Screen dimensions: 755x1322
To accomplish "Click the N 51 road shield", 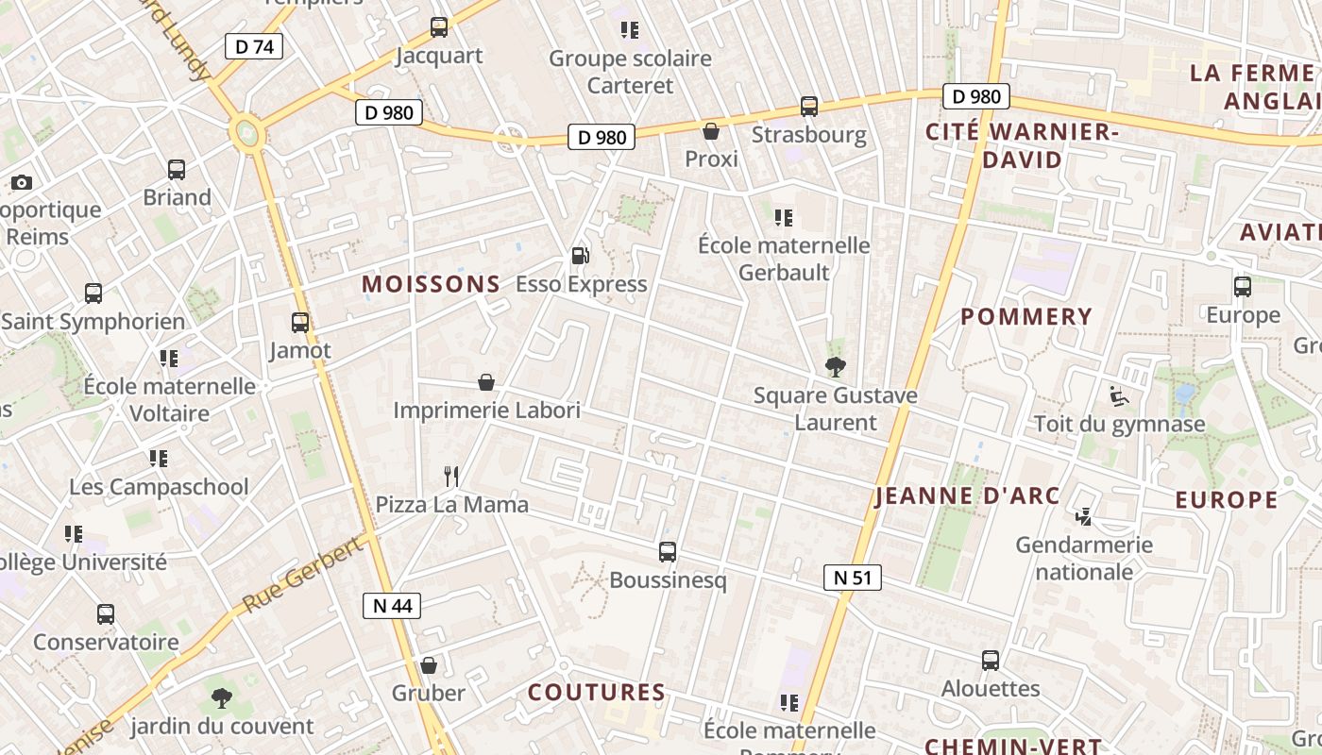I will [x=852, y=578].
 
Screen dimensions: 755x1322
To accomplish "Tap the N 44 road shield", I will [x=392, y=606].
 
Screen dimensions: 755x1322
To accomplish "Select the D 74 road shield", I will [x=253, y=46].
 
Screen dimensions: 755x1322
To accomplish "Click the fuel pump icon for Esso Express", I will [x=580, y=256].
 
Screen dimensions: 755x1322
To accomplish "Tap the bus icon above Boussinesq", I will [x=668, y=552].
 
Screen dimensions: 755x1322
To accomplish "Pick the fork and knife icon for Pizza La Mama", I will [x=451, y=477].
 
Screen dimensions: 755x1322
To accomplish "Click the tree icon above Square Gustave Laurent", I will [x=835, y=367].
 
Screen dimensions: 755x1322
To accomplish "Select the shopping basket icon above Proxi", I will [x=711, y=131].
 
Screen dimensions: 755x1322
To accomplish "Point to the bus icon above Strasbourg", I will [x=809, y=107].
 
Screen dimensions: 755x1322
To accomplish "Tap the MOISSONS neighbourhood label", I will [x=431, y=284].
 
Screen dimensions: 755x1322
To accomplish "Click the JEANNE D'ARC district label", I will [x=968, y=496].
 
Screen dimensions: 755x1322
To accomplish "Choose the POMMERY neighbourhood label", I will [x=1026, y=317].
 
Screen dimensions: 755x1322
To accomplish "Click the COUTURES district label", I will [x=597, y=693].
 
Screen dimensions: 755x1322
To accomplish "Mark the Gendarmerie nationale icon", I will [x=1084, y=517].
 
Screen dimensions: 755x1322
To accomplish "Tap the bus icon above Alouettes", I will [x=991, y=661].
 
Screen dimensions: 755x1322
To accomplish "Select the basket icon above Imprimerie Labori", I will [x=486, y=382].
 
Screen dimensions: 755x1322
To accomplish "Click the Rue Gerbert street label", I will [x=302, y=575].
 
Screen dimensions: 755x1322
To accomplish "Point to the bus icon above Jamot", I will [x=300, y=323].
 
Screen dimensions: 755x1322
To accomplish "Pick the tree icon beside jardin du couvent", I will [x=222, y=698].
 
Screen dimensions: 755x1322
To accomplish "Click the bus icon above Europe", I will [x=1243, y=287].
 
